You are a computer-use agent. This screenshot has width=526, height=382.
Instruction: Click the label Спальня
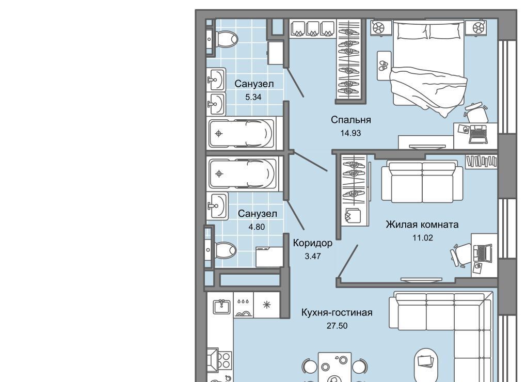coord(350,120)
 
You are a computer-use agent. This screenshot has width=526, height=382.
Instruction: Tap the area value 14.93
coord(350,133)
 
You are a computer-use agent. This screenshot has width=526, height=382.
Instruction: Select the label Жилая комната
coord(422,225)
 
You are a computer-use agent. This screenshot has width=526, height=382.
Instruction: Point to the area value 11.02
coord(422,238)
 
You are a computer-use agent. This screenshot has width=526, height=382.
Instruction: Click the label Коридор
coord(313,243)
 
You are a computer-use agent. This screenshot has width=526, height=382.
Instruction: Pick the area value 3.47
coord(313,256)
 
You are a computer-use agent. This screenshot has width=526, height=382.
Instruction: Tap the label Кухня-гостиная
coord(337,313)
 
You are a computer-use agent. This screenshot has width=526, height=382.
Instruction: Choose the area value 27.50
coord(337,326)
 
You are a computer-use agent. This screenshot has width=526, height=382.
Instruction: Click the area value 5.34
coord(253,97)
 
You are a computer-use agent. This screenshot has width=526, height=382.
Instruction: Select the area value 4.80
coord(257,227)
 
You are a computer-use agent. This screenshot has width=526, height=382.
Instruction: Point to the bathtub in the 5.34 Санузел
coord(241,134)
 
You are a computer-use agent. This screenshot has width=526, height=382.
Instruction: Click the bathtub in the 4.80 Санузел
coord(242,173)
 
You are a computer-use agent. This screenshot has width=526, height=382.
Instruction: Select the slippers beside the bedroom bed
coord(384,66)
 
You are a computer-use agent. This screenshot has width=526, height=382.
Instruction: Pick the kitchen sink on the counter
coord(221,306)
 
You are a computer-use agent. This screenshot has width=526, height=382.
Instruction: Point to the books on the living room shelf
coord(481,162)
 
